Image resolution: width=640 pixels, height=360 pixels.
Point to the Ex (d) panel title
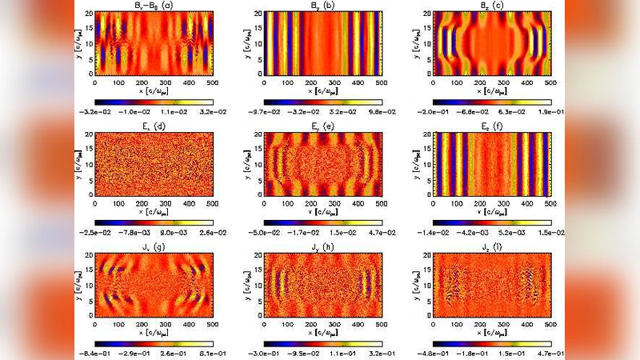153,126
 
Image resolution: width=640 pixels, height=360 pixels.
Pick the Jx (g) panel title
153,244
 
